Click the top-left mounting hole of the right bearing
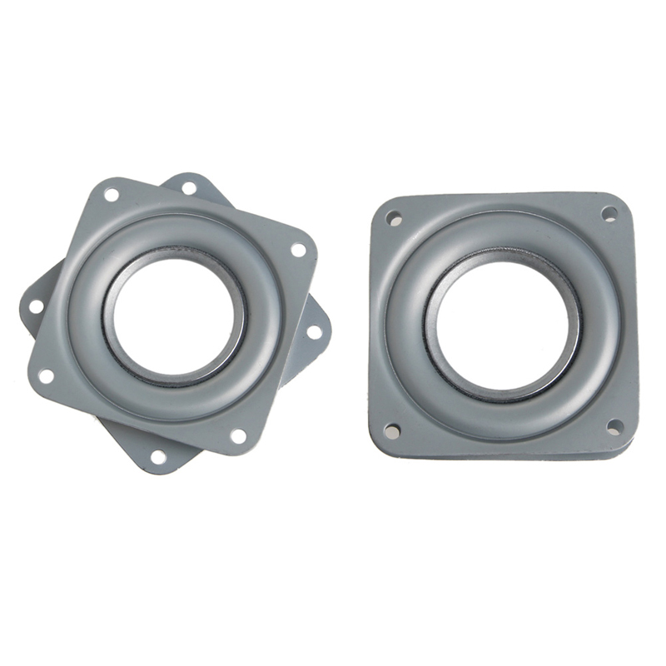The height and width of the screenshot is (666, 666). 395,219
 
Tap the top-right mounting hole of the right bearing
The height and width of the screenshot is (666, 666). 609,214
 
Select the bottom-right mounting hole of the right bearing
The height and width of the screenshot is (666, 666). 614,427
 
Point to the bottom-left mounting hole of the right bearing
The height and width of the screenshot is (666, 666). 391,430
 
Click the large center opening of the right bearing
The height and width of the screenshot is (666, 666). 504,325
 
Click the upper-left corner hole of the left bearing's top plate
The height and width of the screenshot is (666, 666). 111,195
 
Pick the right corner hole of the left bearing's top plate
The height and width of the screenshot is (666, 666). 298,249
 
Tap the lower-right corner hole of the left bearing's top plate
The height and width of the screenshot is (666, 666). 238,435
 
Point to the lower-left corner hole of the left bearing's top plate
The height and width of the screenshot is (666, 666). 46,375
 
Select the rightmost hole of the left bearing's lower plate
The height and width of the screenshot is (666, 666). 314,331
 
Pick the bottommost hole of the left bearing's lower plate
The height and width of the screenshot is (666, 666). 158,456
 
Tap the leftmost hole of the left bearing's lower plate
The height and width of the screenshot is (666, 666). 36,306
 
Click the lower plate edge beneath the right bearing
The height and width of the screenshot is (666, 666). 499,455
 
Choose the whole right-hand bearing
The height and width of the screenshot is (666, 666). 504,325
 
